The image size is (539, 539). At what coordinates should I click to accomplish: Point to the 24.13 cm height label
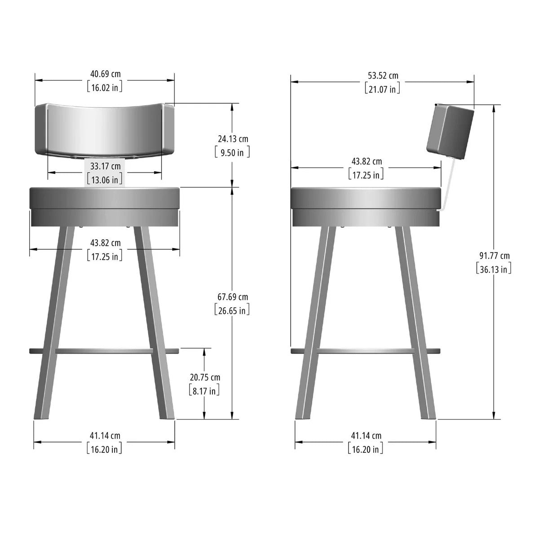[232, 139]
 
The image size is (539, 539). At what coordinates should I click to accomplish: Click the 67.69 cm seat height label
[232, 297]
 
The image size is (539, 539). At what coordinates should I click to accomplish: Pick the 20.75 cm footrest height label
[204, 377]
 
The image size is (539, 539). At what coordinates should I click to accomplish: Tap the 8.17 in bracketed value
[204, 391]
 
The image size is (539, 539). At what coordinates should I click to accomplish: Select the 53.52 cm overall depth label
[382, 75]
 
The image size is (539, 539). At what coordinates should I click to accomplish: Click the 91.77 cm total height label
[494, 256]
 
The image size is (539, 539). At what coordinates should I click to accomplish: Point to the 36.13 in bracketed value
[494, 269]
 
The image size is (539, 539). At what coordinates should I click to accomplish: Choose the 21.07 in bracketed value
[382, 89]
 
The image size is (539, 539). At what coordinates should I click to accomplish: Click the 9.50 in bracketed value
[232, 152]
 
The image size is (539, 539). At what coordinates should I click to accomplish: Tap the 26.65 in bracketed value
[232, 310]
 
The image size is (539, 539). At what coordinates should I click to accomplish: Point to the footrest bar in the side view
[365, 350]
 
